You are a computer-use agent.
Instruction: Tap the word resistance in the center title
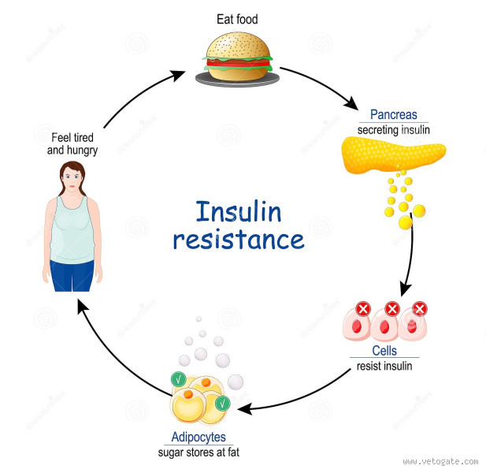(x=238, y=240)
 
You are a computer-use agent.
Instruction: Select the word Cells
(x=384, y=351)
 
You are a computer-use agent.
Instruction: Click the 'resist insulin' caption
(x=384, y=365)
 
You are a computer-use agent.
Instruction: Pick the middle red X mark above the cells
(x=391, y=309)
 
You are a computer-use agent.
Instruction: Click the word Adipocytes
(x=198, y=436)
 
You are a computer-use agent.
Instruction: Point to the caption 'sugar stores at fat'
(x=198, y=451)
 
